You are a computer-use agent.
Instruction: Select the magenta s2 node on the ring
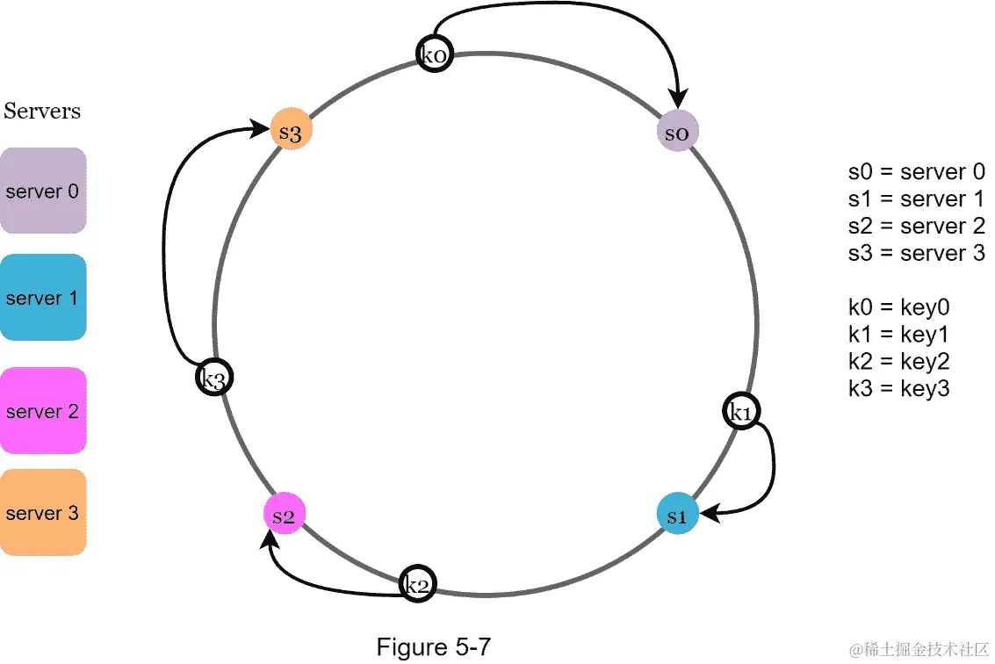284,516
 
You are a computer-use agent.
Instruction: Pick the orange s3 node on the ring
291,132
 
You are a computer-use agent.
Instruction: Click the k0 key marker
435,54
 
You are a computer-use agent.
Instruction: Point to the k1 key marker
741,411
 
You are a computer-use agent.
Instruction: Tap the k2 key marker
417,584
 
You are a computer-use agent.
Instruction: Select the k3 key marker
214,379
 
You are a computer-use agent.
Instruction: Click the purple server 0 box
42,191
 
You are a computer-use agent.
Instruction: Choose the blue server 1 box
42,298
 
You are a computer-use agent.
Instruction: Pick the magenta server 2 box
42,411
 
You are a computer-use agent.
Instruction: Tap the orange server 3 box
42,513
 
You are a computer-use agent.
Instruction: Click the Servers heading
42,112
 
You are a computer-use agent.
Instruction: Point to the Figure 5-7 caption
434,647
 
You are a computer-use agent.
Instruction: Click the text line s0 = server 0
916,172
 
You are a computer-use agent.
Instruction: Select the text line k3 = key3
898,388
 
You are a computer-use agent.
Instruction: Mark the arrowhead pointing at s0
678,102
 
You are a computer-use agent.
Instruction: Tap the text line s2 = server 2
916,227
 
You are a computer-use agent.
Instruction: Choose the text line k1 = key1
898,335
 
